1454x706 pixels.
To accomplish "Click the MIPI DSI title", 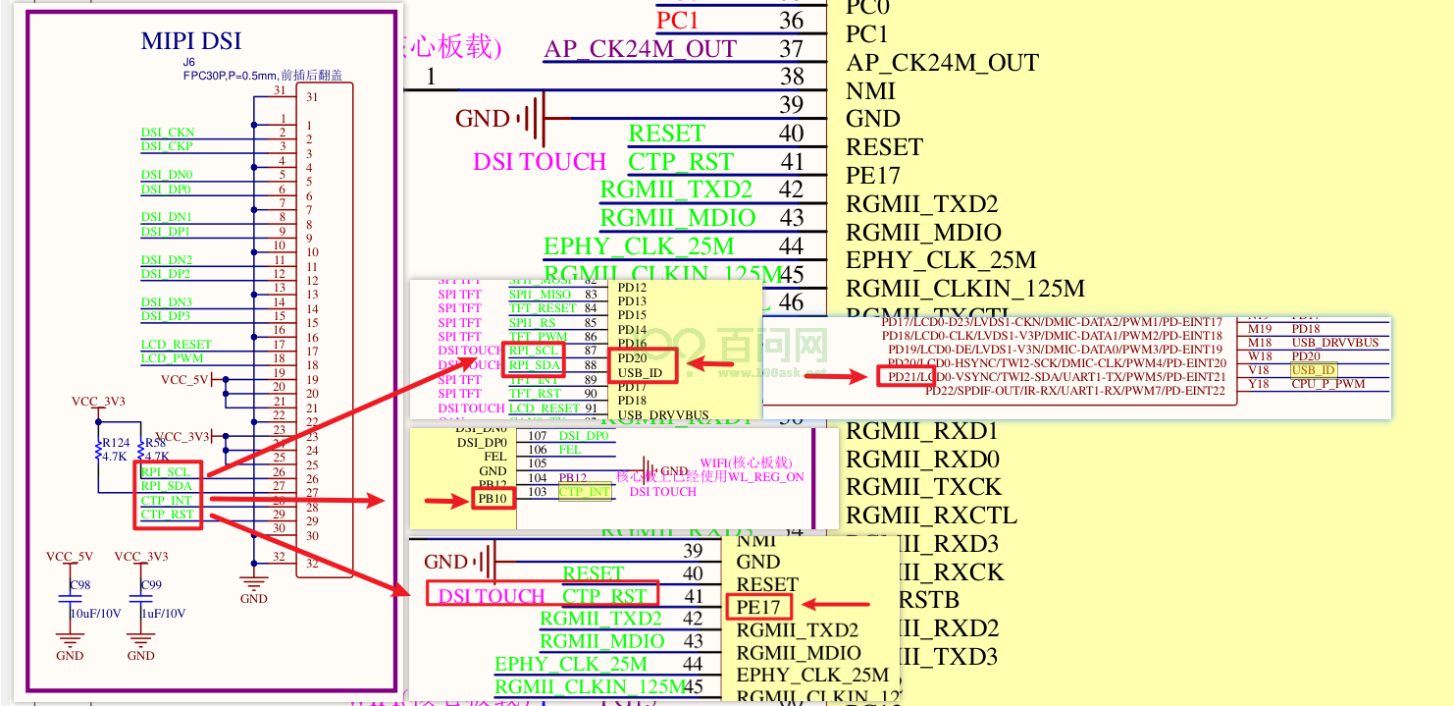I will click(190, 41).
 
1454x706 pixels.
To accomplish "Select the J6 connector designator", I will click(188, 62).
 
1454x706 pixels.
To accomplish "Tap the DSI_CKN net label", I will click(167, 133).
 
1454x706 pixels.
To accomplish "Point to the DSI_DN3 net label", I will click(166, 302).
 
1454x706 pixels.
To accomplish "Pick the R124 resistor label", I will click(115, 443).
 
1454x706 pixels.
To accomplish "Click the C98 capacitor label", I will click(79, 585).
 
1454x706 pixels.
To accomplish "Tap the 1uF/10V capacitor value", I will click(162, 613).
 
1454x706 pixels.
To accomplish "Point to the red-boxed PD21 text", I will click(899, 377).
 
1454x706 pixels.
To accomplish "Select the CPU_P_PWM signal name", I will click(1328, 384).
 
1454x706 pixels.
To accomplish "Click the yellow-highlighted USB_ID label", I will click(1314, 370).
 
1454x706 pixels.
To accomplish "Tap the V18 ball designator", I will click(1260, 370).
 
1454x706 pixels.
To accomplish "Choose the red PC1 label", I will click(678, 20).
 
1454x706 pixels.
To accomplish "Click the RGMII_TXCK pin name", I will click(923, 488).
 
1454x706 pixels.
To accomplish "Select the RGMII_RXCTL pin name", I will click(931, 516).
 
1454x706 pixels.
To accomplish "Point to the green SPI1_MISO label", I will click(540, 295).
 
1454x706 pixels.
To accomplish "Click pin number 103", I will click(537, 492).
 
